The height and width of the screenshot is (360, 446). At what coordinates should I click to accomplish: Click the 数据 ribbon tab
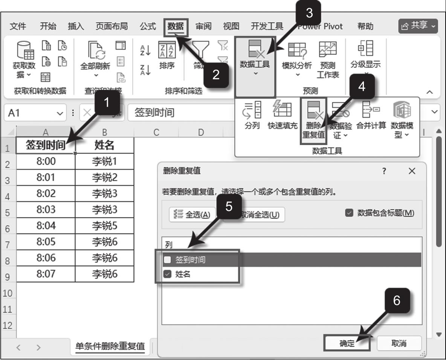[176, 26]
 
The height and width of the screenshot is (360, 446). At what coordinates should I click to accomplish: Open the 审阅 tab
[203, 26]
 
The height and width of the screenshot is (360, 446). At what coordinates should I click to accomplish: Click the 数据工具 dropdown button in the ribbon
[255, 66]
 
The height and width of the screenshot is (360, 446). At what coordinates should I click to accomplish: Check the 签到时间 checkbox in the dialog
[168, 260]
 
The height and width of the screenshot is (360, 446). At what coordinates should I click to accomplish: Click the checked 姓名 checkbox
[168, 275]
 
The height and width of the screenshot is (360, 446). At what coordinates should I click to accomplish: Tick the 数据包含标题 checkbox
[349, 213]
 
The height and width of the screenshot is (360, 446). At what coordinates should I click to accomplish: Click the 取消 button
[399, 343]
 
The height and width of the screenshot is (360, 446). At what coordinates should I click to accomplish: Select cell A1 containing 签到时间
[46, 145]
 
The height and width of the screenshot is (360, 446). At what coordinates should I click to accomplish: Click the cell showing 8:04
[46, 226]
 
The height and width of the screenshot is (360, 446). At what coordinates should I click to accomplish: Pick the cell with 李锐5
[105, 226]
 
